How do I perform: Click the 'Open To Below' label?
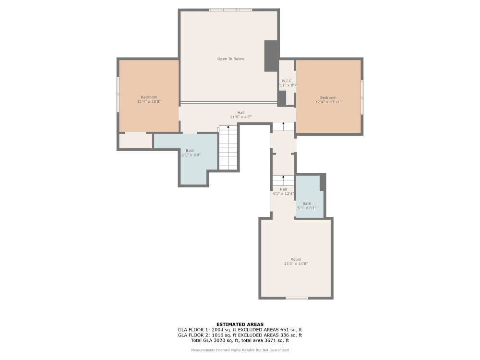click(230, 59)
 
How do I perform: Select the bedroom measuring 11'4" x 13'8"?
click(149, 99)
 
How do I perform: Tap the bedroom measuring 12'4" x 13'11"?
click(328, 100)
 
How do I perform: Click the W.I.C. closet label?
click(287, 83)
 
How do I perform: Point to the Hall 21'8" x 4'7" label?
click(240, 115)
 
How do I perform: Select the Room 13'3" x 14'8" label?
click(296, 262)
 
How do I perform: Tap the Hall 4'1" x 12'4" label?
click(283, 192)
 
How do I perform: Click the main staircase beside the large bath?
click(228, 147)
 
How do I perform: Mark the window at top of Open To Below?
click(230, 10)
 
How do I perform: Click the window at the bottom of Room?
click(297, 299)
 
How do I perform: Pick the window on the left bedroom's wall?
click(118, 95)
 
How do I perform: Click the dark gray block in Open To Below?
click(271, 56)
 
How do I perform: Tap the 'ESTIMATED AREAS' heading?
click(240, 324)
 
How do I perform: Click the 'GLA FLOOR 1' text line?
click(240, 330)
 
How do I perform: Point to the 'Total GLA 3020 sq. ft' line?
click(240, 340)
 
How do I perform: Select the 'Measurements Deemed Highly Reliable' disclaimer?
click(240, 350)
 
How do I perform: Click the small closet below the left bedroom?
click(135, 141)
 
